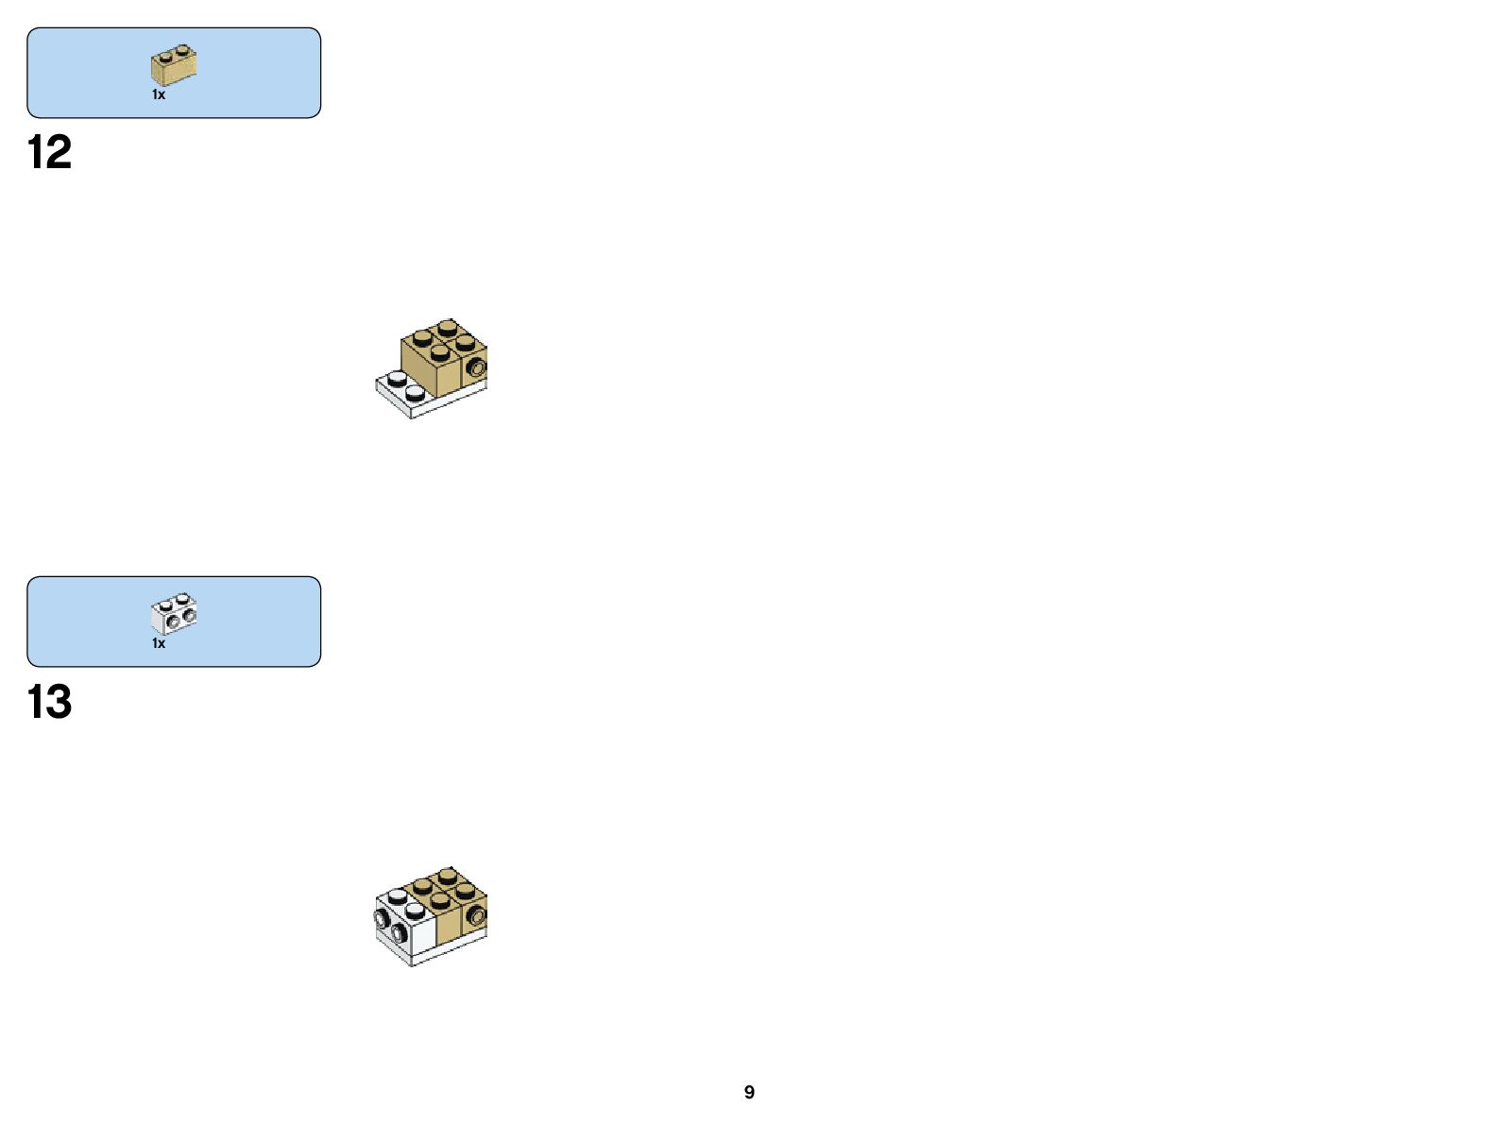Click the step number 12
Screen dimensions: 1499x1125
click(49, 153)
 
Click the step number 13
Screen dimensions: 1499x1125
click(49, 702)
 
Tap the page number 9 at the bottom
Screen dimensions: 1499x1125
click(749, 1092)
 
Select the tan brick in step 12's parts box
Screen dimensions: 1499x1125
click(174, 65)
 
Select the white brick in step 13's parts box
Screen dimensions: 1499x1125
click(174, 614)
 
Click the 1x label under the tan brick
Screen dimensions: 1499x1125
click(159, 94)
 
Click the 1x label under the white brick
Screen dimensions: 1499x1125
click(159, 643)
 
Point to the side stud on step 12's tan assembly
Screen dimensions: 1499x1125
click(476, 366)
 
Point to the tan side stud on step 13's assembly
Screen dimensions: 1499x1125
click(476, 914)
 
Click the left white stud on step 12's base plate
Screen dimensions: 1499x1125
click(397, 378)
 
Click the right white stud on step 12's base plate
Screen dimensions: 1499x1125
click(415, 389)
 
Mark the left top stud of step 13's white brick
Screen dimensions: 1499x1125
click(397, 895)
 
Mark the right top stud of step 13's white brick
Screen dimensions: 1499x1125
click(415, 908)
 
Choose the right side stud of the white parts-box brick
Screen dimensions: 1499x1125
click(189, 616)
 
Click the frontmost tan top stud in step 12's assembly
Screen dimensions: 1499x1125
click(439, 352)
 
